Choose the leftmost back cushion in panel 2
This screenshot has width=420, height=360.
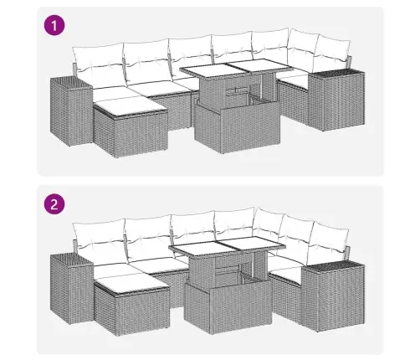point(99,239)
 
